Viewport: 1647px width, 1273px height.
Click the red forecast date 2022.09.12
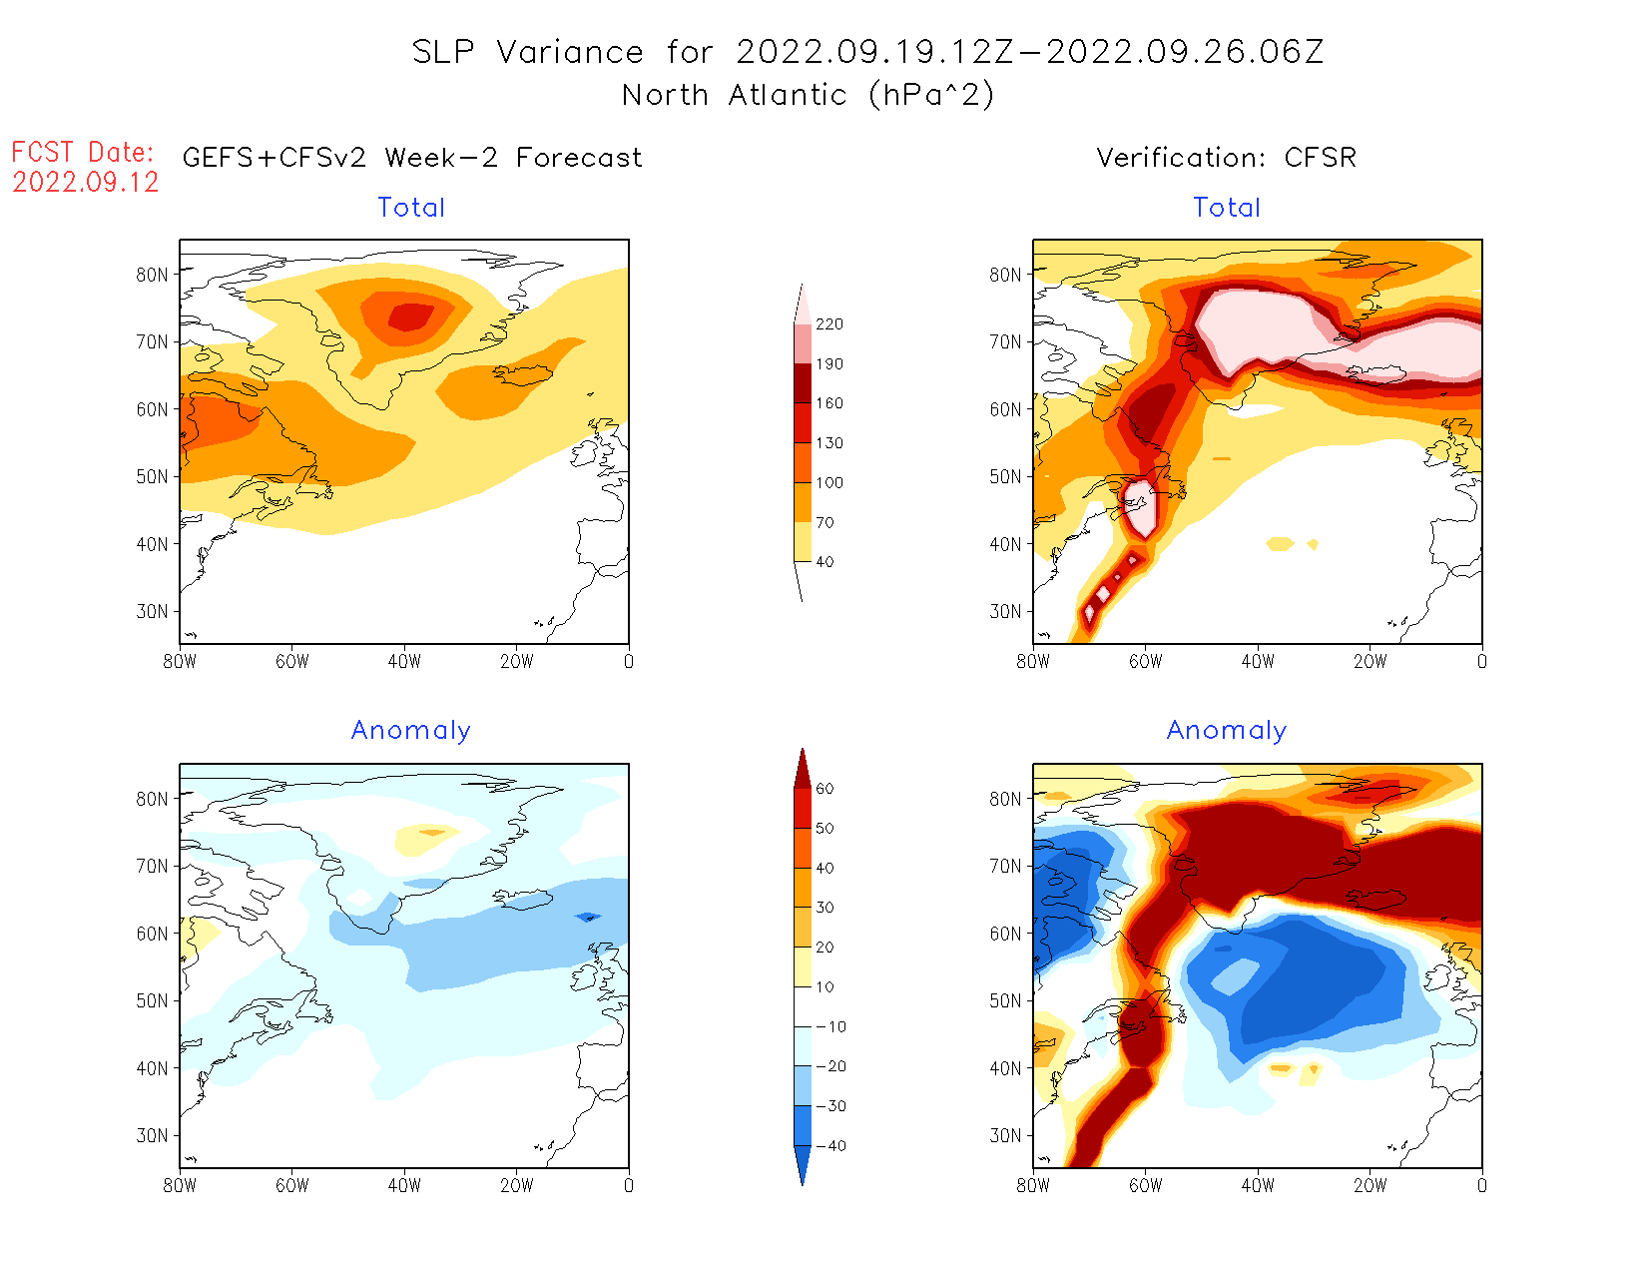pos(86,182)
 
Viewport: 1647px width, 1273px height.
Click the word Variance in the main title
pos(570,52)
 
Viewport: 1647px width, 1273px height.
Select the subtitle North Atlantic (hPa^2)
pos(808,95)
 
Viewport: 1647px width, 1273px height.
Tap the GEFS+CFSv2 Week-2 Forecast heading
pos(412,158)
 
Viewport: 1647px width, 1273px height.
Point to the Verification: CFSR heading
pos(1226,158)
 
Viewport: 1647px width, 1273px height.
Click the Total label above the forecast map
pos(411,208)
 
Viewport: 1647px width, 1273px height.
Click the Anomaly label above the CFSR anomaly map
pos(1226,731)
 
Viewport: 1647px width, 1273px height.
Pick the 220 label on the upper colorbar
pos(829,324)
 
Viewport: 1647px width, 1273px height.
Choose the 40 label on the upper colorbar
pos(824,562)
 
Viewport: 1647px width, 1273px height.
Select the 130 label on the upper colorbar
pos(829,443)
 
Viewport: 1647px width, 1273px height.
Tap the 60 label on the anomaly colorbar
pos(824,789)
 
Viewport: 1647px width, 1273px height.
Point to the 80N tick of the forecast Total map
pos(153,275)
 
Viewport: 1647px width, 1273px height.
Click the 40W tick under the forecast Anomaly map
pos(404,1185)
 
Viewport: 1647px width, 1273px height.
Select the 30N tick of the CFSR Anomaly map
pos(1006,1135)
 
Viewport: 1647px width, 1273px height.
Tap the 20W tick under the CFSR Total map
pos(1370,661)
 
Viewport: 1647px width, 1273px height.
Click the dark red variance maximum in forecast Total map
pos(410,317)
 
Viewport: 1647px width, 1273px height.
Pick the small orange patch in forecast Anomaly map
pos(432,832)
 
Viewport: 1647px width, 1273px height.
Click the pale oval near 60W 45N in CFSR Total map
pos(1140,507)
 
